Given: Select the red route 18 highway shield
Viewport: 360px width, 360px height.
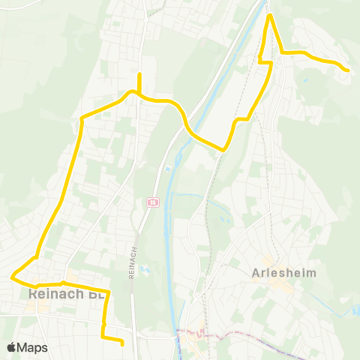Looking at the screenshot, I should [152, 202].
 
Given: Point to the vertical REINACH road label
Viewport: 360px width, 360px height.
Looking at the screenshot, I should [132, 262].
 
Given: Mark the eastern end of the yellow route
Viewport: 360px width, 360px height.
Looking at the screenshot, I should [348, 70].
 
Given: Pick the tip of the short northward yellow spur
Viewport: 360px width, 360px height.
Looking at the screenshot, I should [139, 73].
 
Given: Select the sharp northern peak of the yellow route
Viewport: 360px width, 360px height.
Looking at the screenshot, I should [270, 16].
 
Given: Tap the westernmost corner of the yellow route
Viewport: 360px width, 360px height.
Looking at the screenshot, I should [13, 277].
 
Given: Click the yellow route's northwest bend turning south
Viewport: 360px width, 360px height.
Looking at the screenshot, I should [81, 118].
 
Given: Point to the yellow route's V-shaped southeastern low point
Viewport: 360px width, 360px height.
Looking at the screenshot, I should [223, 149].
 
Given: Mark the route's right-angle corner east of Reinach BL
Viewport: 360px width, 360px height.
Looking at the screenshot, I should [109, 291].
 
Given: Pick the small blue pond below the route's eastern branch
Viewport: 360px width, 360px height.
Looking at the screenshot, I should [306, 75].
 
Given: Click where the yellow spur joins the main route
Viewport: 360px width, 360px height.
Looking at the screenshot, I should [139, 94].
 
